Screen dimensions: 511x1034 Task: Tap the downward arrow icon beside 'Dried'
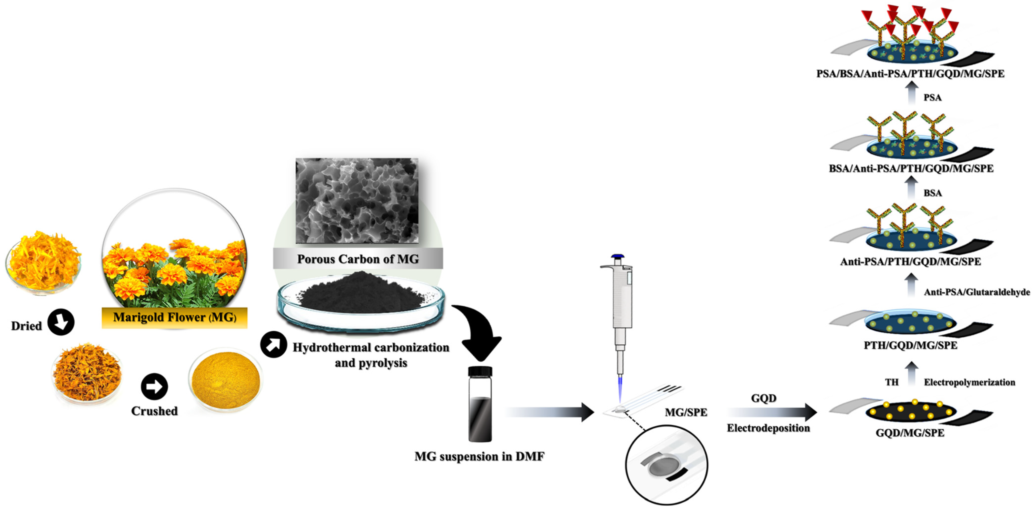click(61, 322)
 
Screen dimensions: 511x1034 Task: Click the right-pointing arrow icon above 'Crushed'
click(154, 386)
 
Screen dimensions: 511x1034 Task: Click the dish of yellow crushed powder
click(226, 379)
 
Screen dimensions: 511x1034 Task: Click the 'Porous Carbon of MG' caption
click(358, 259)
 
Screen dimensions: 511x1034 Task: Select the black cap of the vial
click(480, 371)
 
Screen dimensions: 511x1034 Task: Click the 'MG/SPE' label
click(686, 412)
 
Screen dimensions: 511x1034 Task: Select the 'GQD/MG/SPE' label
click(910, 433)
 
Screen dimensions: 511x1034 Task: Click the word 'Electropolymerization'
click(969, 382)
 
